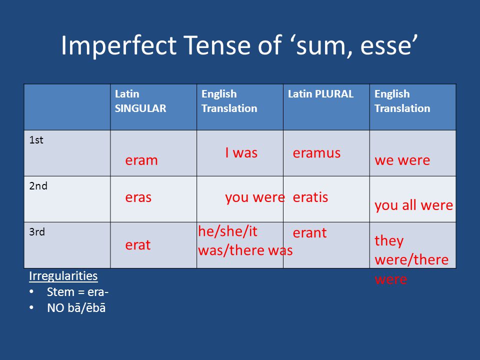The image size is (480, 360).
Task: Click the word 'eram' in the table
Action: pyautogui.click(x=141, y=160)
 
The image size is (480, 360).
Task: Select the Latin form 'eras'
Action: pyautogui.click(x=138, y=197)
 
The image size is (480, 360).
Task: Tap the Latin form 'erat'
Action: pyautogui.click(x=138, y=244)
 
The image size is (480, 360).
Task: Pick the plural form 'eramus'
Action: pyautogui.click(x=316, y=153)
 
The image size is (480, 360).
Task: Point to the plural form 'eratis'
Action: pyautogui.click(x=310, y=197)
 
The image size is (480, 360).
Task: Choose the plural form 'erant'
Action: pyautogui.click(x=310, y=233)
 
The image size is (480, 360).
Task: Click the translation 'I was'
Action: pyautogui.click(x=241, y=152)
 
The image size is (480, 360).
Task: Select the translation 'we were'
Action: pyautogui.click(x=402, y=160)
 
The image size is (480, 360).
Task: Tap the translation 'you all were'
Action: pyautogui.click(x=413, y=205)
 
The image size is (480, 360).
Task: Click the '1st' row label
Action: pyautogui.click(x=36, y=140)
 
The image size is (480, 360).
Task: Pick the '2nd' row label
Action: pyautogui.click(x=38, y=186)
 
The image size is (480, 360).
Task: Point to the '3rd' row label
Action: pyautogui.click(x=37, y=231)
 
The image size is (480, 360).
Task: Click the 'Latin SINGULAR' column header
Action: pyautogui.click(x=140, y=101)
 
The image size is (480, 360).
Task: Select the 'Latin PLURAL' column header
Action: pyautogui.click(x=320, y=93)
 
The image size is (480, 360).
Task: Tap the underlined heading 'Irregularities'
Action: pyautogui.click(x=63, y=276)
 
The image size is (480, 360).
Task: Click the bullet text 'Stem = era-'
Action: pyautogui.click(x=78, y=292)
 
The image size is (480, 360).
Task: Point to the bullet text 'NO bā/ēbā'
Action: pyautogui.click(x=76, y=308)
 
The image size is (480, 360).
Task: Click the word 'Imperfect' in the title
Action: pyautogui.click(x=119, y=45)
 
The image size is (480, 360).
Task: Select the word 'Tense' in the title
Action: pyautogui.click(x=217, y=45)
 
